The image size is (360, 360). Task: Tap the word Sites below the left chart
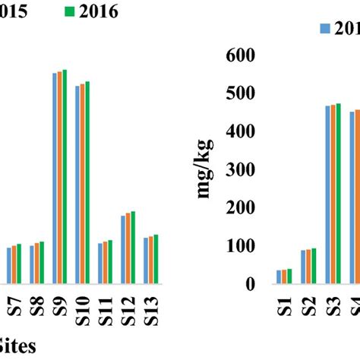tap(17, 344)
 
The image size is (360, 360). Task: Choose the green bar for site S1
tap(289, 276)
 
